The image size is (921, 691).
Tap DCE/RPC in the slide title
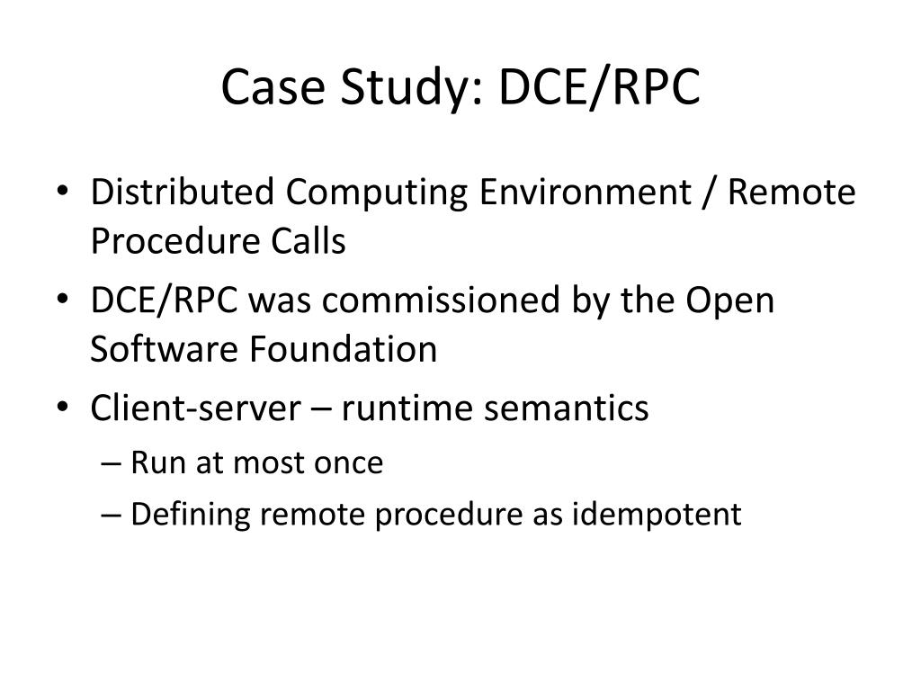point(600,88)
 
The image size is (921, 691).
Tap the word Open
point(729,301)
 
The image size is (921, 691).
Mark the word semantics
point(568,408)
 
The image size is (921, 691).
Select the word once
point(348,463)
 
